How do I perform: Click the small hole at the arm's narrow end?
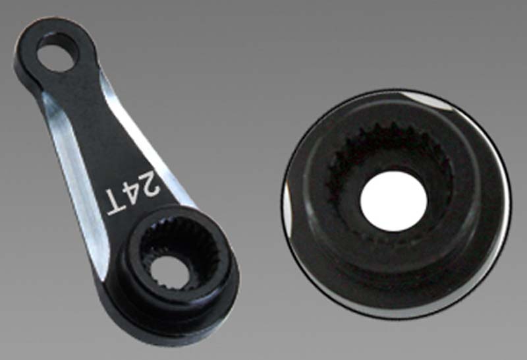57,52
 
